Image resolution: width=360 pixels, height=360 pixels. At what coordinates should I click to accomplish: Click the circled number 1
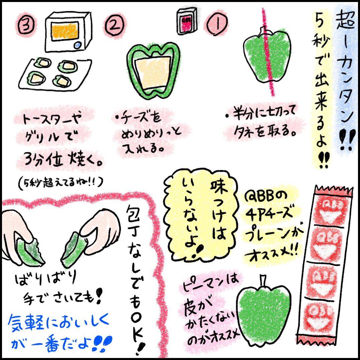click(x=217, y=24)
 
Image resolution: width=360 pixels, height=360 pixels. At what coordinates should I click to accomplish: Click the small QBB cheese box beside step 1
click(x=187, y=21)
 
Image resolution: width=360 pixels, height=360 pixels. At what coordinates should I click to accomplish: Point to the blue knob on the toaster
click(x=78, y=45)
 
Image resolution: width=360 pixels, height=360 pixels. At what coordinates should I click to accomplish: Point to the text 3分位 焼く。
click(x=63, y=159)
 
